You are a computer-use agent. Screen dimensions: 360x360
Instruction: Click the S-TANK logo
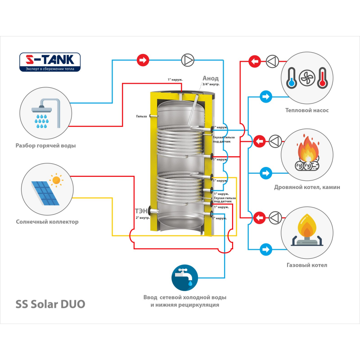[x=49, y=62]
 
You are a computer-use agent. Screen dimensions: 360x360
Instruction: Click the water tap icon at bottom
[x=184, y=278]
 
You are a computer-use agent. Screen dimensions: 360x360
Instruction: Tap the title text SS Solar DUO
[x=50, y=304]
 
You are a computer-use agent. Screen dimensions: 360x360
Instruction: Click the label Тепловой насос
[x=307, y=110]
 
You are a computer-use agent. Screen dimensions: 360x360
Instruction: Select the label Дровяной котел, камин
[x=307, y=187]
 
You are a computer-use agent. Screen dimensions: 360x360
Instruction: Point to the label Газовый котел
[x=307, y=265]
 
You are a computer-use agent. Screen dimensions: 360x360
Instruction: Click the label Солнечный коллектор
[x=47, y=221]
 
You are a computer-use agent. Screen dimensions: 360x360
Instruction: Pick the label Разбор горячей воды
[x=45, y=146]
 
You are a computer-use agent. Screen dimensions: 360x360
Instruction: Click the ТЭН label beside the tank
[x=141, y=211]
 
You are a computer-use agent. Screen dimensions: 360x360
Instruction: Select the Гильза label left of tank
[x=141, y=117]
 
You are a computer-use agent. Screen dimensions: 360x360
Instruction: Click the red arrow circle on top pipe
[x=143, y=59]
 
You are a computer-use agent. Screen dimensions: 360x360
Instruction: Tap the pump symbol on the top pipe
[x=187, y=59]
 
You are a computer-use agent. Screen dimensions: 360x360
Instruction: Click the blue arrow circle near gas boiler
[x=266, y=248]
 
